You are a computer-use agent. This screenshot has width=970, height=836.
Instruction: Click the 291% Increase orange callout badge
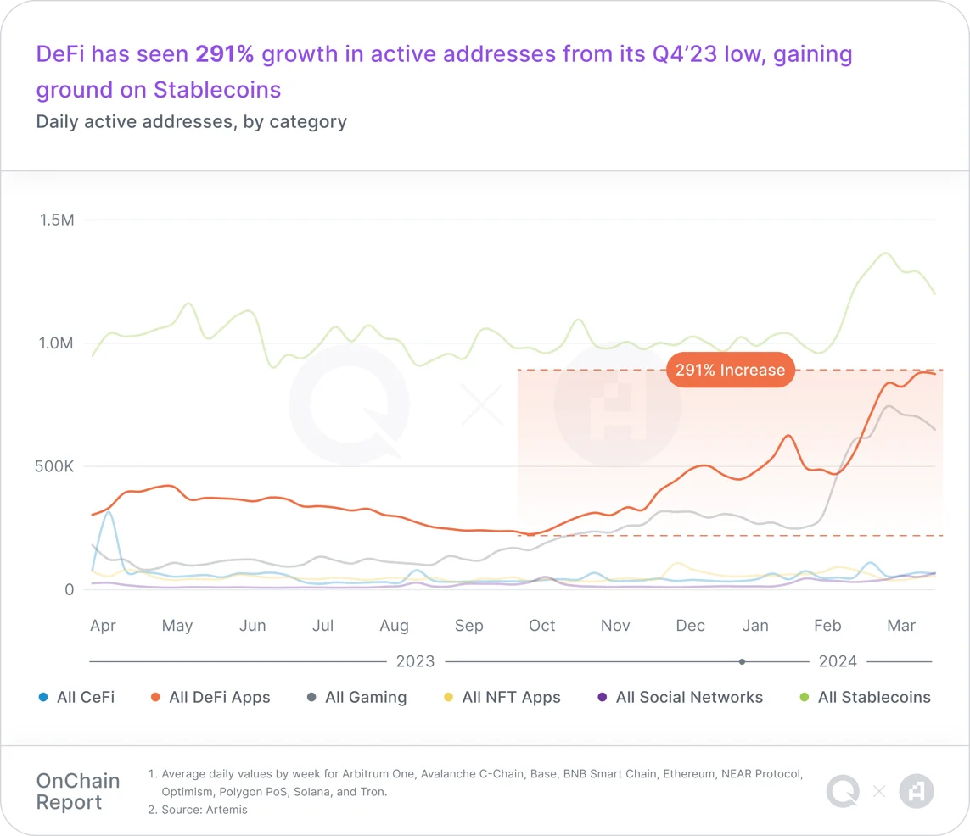point(730,371)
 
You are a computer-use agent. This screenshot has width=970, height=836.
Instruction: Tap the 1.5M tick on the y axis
point(57,220)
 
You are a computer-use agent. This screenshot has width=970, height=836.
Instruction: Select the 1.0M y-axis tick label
point(57,343)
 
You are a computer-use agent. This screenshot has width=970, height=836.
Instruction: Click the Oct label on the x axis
point(541,626)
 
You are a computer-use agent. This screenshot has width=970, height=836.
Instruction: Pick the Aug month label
point(394,626)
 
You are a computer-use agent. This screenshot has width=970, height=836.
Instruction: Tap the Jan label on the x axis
point(755,626)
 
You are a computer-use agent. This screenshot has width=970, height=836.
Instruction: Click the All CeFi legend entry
point(76,698)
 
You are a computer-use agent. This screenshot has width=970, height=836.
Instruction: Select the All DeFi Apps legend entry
point(210,698)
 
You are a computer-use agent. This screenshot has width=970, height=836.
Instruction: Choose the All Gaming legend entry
point(356,698)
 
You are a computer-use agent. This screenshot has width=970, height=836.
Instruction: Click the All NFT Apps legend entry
point(502,698)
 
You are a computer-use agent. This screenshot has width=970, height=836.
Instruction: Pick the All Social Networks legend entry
point(681,698)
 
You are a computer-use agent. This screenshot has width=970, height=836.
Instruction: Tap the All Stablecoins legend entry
point(866,698)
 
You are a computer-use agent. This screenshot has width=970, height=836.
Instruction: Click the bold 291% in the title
point(225,54)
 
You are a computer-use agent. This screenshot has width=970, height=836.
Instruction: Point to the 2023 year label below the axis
point(415,661)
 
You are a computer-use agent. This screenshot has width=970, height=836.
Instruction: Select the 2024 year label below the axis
point(838,661)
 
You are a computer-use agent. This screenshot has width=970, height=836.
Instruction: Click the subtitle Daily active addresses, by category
point(191,121)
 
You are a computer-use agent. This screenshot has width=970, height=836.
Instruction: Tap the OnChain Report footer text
point(78,791)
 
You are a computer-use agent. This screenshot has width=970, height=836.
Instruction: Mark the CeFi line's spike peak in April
point(108,512)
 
